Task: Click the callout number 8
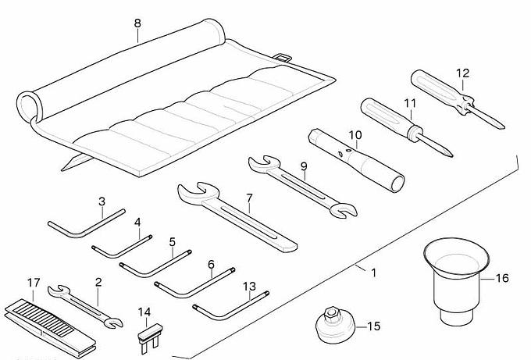click(x=137, y=23)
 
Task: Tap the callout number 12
click(x=462, y=74)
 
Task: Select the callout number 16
click(x=502, y=277)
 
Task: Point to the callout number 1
click(x=373, y=273)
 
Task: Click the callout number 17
click(x=33, y=283)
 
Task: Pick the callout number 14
click(x=144, y=312)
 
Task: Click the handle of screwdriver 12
click(x=433, y=88)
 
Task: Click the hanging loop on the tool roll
click(x=284, y=57)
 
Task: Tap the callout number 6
click(x=211, y=265)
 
